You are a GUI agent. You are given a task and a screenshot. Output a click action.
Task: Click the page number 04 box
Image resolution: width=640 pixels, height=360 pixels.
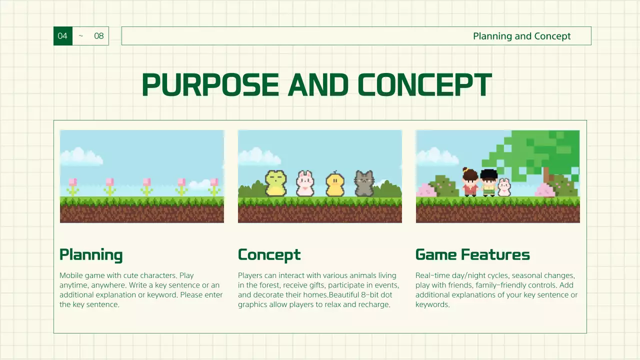(62, 36)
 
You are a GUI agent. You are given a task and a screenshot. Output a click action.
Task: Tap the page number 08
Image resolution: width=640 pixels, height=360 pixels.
(99, 36)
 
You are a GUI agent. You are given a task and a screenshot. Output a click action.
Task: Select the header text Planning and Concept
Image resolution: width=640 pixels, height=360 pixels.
(521, 36)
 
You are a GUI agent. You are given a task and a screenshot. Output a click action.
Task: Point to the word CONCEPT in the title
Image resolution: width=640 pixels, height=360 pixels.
(424, 85)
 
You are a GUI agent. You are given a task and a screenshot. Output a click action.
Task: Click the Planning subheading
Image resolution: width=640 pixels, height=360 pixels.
(91, 254)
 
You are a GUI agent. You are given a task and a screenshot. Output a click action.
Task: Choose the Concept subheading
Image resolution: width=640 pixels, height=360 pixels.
(269, 254)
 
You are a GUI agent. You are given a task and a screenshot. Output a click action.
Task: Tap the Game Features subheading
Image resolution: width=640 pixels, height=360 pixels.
(472, 254)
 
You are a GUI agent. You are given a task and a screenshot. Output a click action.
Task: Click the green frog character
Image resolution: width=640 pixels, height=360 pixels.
(275, 183)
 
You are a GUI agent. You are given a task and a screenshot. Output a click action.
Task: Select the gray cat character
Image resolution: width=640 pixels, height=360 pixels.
(364, 183)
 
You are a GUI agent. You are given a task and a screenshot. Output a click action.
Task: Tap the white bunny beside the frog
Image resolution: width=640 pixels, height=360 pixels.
(304, 183)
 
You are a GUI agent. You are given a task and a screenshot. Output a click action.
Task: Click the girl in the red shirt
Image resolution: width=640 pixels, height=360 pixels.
(470, 182)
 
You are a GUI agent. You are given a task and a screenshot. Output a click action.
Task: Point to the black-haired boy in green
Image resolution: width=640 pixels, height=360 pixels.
(488, 183)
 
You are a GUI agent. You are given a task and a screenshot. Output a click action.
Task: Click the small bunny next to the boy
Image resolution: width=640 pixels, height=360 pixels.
(504, 188)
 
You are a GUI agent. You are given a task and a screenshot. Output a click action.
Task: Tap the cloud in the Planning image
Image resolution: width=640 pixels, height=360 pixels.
(81, 156)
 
